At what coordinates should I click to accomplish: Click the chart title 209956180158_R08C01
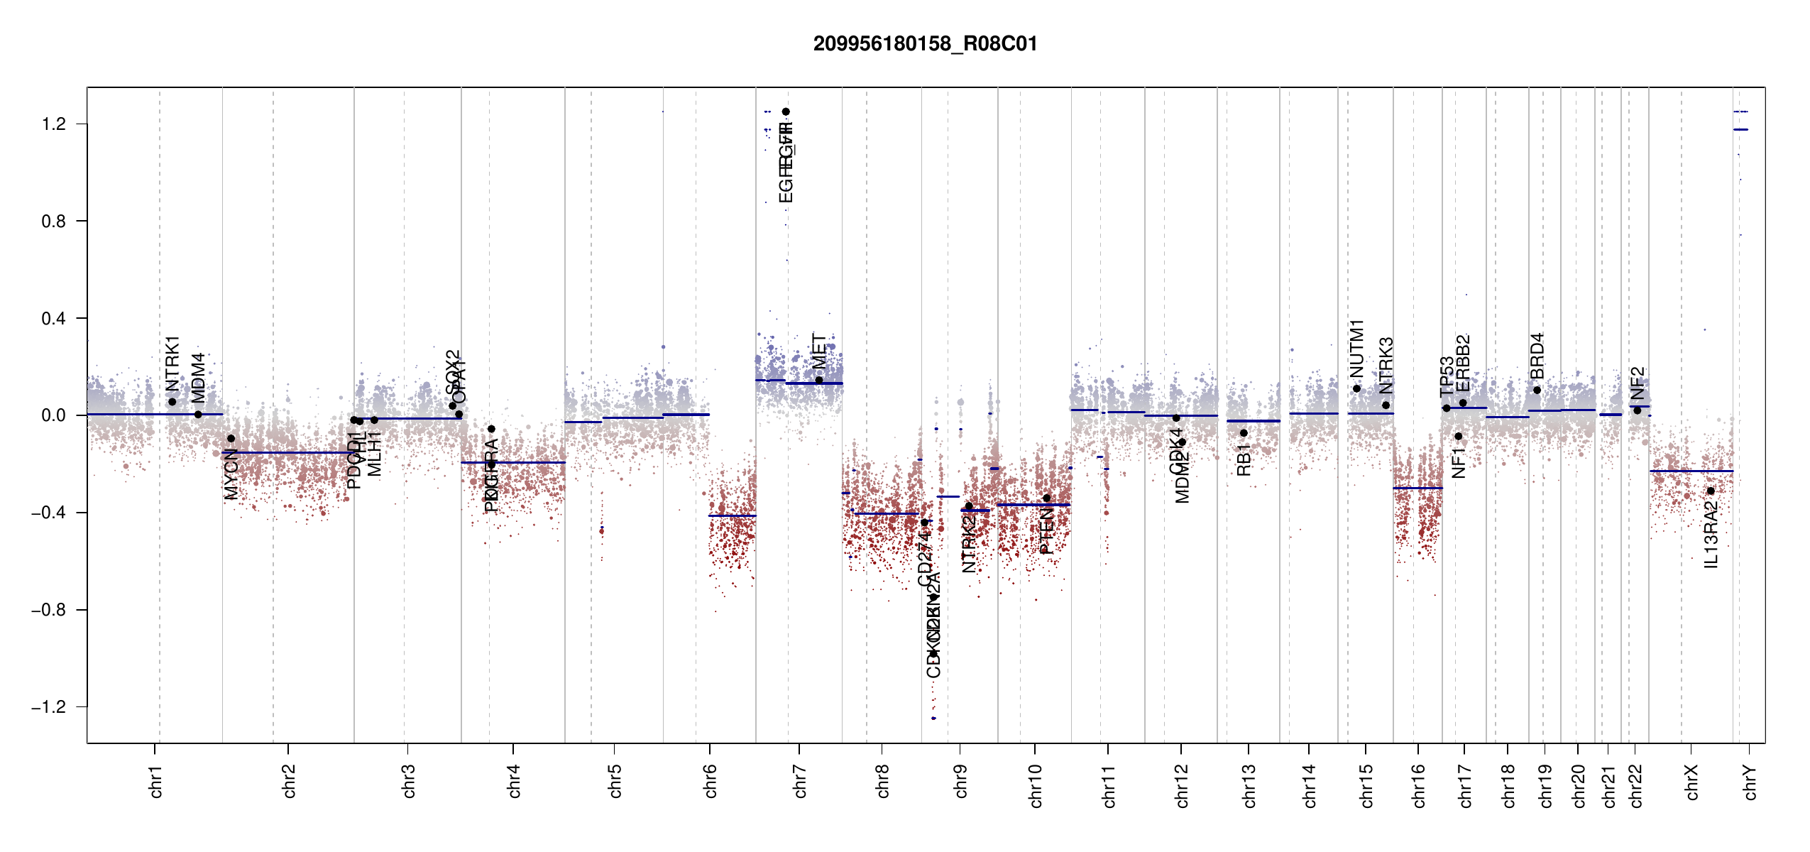(x=925, y=44)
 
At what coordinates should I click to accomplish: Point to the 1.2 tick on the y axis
(x=54, y=124)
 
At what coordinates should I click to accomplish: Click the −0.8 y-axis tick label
(x=48, y=610)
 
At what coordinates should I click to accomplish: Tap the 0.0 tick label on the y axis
(x=54, y=415)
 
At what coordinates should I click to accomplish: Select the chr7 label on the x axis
(x=800, y=781)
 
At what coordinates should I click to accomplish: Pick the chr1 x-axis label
(x=156, y=781)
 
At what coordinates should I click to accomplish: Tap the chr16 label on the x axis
(x=1419, y=785)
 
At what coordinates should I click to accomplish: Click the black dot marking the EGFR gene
(x=786, y=111)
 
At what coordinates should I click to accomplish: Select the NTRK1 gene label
(x=172, y=364)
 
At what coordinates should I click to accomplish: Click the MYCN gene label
(x=231, y=474)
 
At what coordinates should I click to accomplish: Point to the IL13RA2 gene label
(x=1711, y=534)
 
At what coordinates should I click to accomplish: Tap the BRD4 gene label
(x=1537, y=356)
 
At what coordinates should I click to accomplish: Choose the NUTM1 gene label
(x=1357, y=349)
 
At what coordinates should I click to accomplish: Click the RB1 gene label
(x=1244, y=460)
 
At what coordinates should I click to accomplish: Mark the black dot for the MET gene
(x=819, y=380)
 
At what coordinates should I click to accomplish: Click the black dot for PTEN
(x=1046, y=498)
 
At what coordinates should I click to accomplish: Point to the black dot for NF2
(x=1637, y=410)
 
